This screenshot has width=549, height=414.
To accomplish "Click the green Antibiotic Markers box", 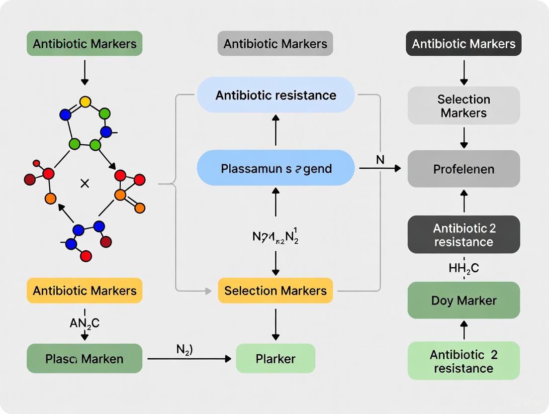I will tap(85, 43).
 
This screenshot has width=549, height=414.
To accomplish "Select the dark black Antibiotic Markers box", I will tap(463, 43).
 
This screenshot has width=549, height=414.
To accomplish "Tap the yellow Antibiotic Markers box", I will tap(85, 291).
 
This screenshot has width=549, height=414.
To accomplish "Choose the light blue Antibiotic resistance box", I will tap(275, 95).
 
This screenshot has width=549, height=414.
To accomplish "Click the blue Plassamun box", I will tap(275, 168).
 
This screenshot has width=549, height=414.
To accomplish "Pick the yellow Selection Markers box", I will tap(275, 291).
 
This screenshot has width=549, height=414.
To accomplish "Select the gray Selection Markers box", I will tap(463, 105).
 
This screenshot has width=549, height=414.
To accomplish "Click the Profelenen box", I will tap(463, 169).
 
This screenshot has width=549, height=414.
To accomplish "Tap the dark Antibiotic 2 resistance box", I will tap(463, 235).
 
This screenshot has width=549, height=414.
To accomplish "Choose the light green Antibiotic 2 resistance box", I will tap(463, 361).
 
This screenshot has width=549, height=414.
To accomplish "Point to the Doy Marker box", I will tap(463, 300).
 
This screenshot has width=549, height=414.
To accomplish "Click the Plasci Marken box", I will tap(85, 358).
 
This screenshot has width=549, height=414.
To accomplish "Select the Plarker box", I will tap(275, 358).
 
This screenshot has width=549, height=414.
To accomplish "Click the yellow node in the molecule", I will tap(85, 102).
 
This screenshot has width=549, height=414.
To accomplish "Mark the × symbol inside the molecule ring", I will tap(85, 184).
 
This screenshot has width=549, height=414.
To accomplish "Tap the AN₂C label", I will tap(85, 323).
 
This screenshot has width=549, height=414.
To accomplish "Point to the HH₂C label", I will tap(463, 268).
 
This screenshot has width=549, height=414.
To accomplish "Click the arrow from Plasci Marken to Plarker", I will tap(189, 358).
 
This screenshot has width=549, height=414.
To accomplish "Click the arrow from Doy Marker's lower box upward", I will tap(463, 330).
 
